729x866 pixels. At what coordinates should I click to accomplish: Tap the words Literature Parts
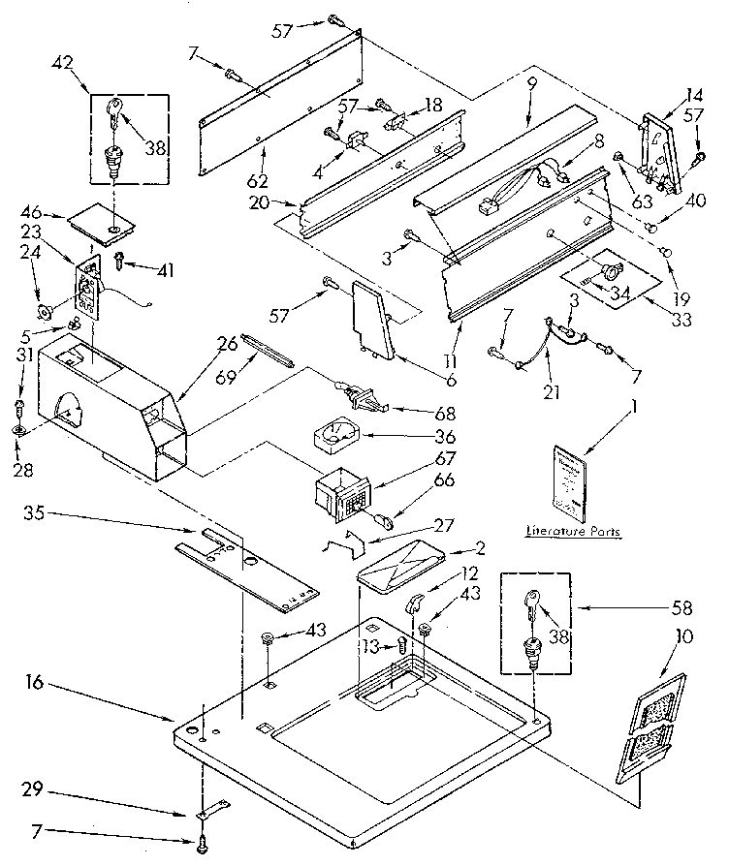(574, 532)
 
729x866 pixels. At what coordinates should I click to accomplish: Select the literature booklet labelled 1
(567, 481)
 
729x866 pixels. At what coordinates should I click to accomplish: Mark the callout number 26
(229, 344)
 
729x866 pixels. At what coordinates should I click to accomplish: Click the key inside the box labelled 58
(533, 605)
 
